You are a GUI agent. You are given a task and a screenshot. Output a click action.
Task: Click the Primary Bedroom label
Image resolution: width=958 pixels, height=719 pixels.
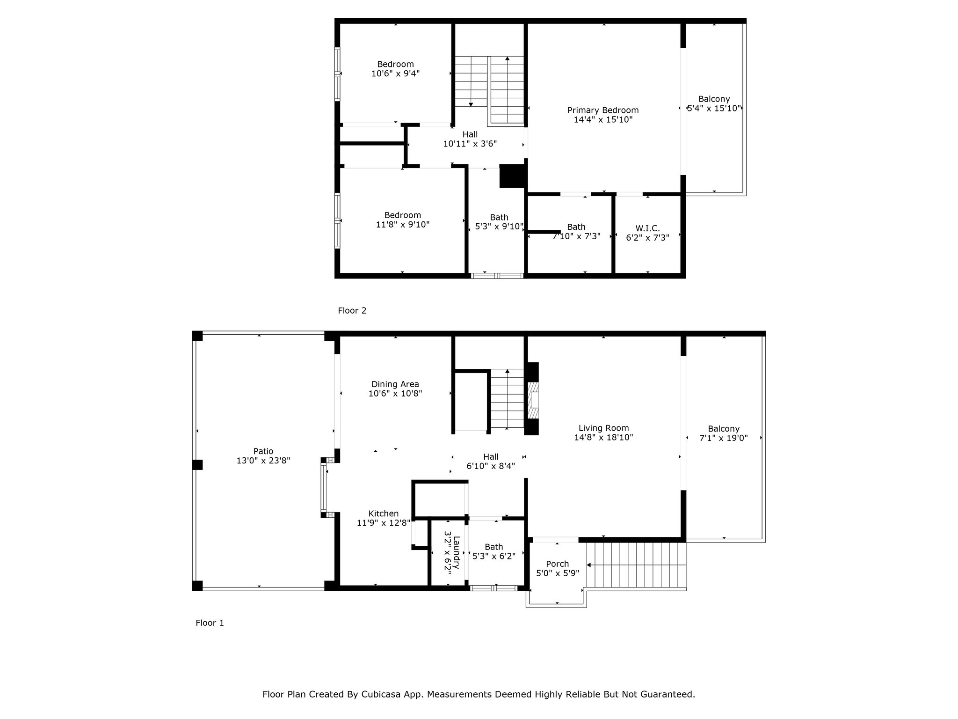(603, 110)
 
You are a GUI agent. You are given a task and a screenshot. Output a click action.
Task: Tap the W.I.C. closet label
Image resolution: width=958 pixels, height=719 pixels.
(647, 228)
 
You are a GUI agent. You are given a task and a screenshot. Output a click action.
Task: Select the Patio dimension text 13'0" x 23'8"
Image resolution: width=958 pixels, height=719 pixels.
(263, 461)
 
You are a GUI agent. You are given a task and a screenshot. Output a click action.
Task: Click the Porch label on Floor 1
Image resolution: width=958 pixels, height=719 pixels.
(558, 564)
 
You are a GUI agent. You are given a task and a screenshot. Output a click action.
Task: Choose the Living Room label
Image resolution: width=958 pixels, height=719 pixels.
(603, 428)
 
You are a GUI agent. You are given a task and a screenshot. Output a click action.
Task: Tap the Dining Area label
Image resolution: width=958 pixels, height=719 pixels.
(395, 385)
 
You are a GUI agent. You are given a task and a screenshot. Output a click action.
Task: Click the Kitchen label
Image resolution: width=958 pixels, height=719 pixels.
(384, 514)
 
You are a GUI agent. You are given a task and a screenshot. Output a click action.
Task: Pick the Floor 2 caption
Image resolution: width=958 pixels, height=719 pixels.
(352, 310)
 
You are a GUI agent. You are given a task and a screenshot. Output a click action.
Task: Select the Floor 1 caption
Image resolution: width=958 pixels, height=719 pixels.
(210, 623)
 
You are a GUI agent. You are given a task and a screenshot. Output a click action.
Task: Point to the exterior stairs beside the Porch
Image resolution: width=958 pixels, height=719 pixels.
(636, 565)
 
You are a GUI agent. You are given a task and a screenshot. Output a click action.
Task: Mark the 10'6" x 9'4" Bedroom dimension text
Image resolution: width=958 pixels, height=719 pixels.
(396, 73)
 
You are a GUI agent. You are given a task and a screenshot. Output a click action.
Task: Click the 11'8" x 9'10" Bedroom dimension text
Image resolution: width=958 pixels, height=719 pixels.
(403, 225)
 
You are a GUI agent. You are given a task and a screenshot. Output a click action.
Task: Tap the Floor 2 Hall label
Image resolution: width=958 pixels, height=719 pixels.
(470, 134)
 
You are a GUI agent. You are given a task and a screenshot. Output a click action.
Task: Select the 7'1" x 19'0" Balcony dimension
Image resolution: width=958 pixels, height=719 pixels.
(724, 438)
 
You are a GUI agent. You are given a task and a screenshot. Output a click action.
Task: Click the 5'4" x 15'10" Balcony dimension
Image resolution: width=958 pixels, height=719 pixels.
(714, 108)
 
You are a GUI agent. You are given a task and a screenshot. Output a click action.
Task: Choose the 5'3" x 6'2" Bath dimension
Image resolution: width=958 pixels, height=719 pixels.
(494, 556)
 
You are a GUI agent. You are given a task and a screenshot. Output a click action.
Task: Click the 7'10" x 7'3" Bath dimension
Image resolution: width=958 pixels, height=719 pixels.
(576, 236)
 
